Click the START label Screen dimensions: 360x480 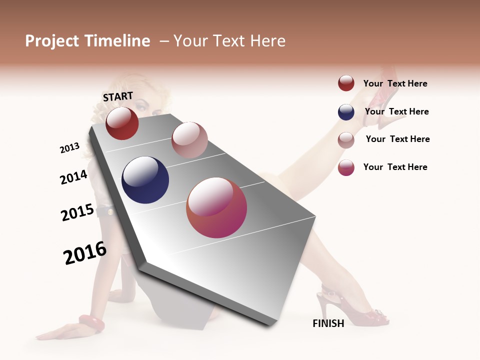click(118, 96)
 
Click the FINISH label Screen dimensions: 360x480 click(328, 323)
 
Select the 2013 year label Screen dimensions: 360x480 click(69, 148)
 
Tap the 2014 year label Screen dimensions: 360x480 click(73, 177)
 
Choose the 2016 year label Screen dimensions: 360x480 click(85, 253)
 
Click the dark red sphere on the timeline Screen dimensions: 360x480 click(122, 123)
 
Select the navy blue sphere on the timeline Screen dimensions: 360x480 click(145, 180)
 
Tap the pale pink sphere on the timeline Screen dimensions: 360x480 click(189, 140)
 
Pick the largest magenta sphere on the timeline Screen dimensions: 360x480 click(216, 207)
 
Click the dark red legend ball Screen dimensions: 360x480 click(346, 83)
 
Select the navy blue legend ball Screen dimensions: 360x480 click(346, 112)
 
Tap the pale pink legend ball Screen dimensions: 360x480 click(346, 139)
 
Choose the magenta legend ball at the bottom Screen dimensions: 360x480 click(346, 167)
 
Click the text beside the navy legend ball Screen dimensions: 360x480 click(396, 111)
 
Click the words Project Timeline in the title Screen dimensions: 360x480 click(87, 41)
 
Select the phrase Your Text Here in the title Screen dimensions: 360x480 click(229, 41)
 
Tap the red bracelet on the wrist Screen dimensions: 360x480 click(91, 323)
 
